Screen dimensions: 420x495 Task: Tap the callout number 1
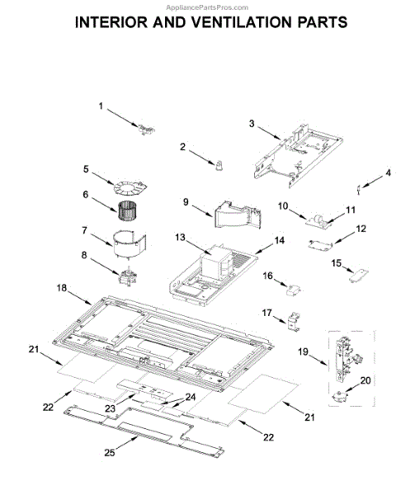[x=101, y=106]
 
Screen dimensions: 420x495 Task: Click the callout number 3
[x=252, y=124]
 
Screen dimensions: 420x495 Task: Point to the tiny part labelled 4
[x=359, y=189]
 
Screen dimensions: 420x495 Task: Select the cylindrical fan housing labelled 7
[x=130, y=243]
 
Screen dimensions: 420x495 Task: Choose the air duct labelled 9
[x=238, y=214]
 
